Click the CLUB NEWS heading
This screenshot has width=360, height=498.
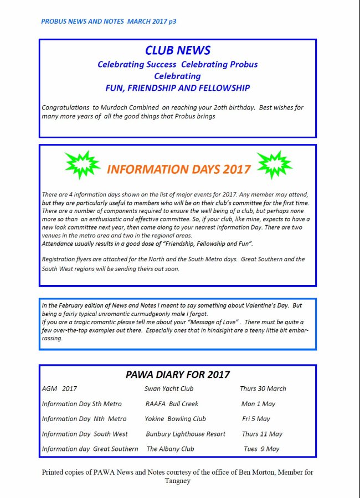click(177, 50)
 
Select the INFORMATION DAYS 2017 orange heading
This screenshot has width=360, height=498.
click(178, 169)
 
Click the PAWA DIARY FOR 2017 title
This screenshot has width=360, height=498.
click(177, 375)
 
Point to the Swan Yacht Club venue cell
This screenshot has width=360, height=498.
click(168, 388)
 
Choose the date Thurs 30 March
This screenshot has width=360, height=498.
click(263, 388)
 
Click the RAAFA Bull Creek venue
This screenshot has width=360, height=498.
click(172, 404)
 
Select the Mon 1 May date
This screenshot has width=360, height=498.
click(258, 404)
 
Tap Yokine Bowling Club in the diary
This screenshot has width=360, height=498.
click(175, 419)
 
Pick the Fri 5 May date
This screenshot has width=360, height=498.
click(256, 419)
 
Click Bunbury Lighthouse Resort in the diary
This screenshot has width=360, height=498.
click(186, 434)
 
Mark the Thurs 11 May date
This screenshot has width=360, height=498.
click(262, 434)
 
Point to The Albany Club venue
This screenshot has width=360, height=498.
click(170, 449)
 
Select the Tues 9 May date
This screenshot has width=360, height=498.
click(261, 449)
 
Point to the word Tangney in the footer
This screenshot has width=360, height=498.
click(177, 481)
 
